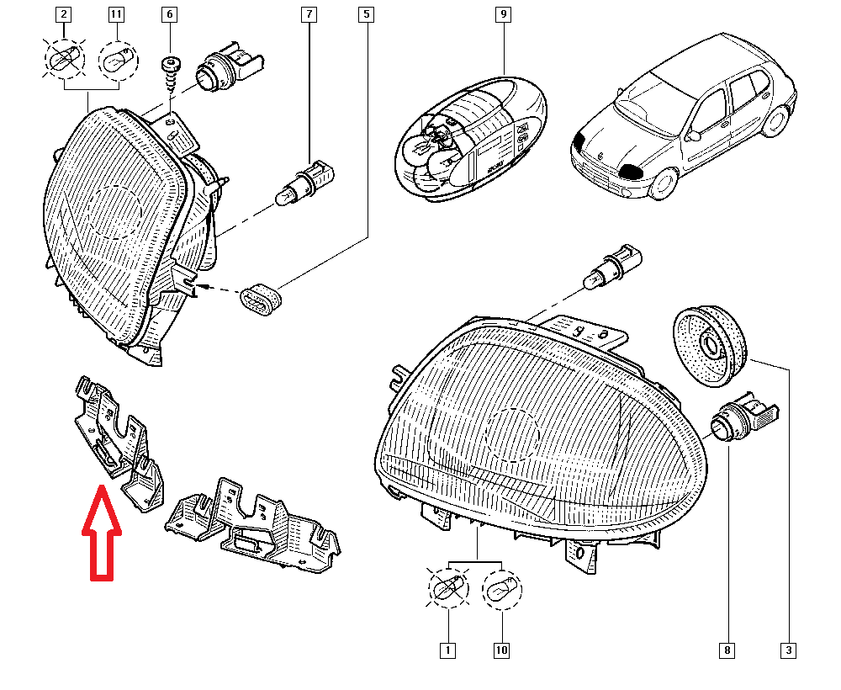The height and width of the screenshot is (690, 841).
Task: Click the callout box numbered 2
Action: click(64, 14)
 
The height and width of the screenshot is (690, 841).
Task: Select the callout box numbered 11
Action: click(116, 14)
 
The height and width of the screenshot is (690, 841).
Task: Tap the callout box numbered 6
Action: click(170, 14)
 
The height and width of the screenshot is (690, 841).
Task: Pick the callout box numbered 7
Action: click(309, 14)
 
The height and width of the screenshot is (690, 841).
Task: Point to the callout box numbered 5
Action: click(367, 14)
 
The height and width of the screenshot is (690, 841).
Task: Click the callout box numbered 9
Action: click(503, 14)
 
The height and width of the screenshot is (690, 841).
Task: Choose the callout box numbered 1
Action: click(448, 650)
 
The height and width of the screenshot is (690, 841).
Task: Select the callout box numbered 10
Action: click(501, 650)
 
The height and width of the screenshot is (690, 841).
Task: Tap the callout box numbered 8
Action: click(727, 650)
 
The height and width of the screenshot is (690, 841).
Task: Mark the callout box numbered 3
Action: click(789, 650)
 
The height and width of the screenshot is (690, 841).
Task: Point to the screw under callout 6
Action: click(171, 78)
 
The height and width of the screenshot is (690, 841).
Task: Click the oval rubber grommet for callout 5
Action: click(261, 300)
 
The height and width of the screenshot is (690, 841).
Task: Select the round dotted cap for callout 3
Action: click(710, 345)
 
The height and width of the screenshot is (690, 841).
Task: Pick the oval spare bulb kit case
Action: click(471, 139)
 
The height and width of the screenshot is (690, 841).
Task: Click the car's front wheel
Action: click(664, 183)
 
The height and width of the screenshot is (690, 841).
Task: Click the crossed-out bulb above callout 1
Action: click(448, 588)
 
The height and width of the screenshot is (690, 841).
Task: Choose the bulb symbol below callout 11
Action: click(119, 60)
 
